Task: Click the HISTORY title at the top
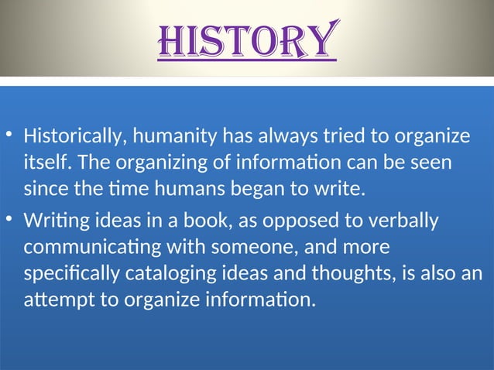pyautogui.click(x=247, y=41)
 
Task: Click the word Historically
pyautogui.click(x=75, y=138)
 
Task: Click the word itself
pyautogui.click(x=46, y=163)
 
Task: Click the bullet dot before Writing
pyautogui.click(x=8, y=220)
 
